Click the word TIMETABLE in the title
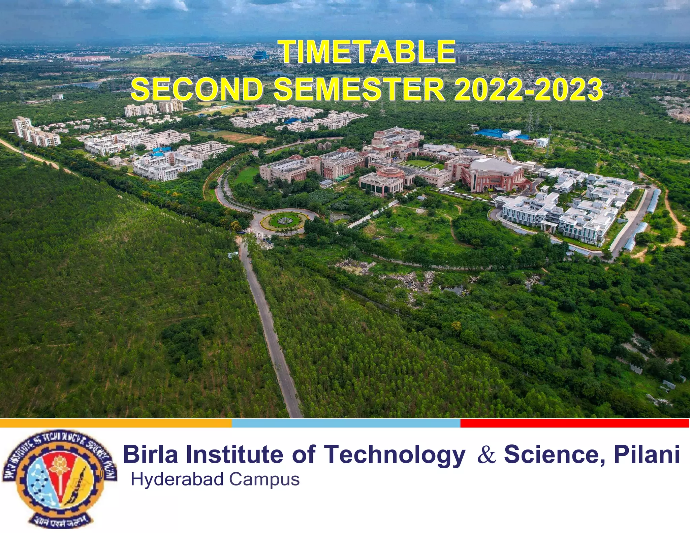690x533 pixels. pyautogui.click(x=369, y=52)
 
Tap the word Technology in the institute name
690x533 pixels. pyautogui.click(x=395, y=454)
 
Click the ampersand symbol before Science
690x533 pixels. pyautogui.click(x=487, y=455)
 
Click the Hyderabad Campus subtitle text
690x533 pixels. pyautogui.click(x=215, y=479)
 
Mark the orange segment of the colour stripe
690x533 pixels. pyautogui.click(x=116, y=423)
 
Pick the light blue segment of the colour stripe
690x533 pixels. pyautogui.click(x=346, y=423)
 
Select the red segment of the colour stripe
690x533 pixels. pyautogui.click(x=574, y=423)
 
